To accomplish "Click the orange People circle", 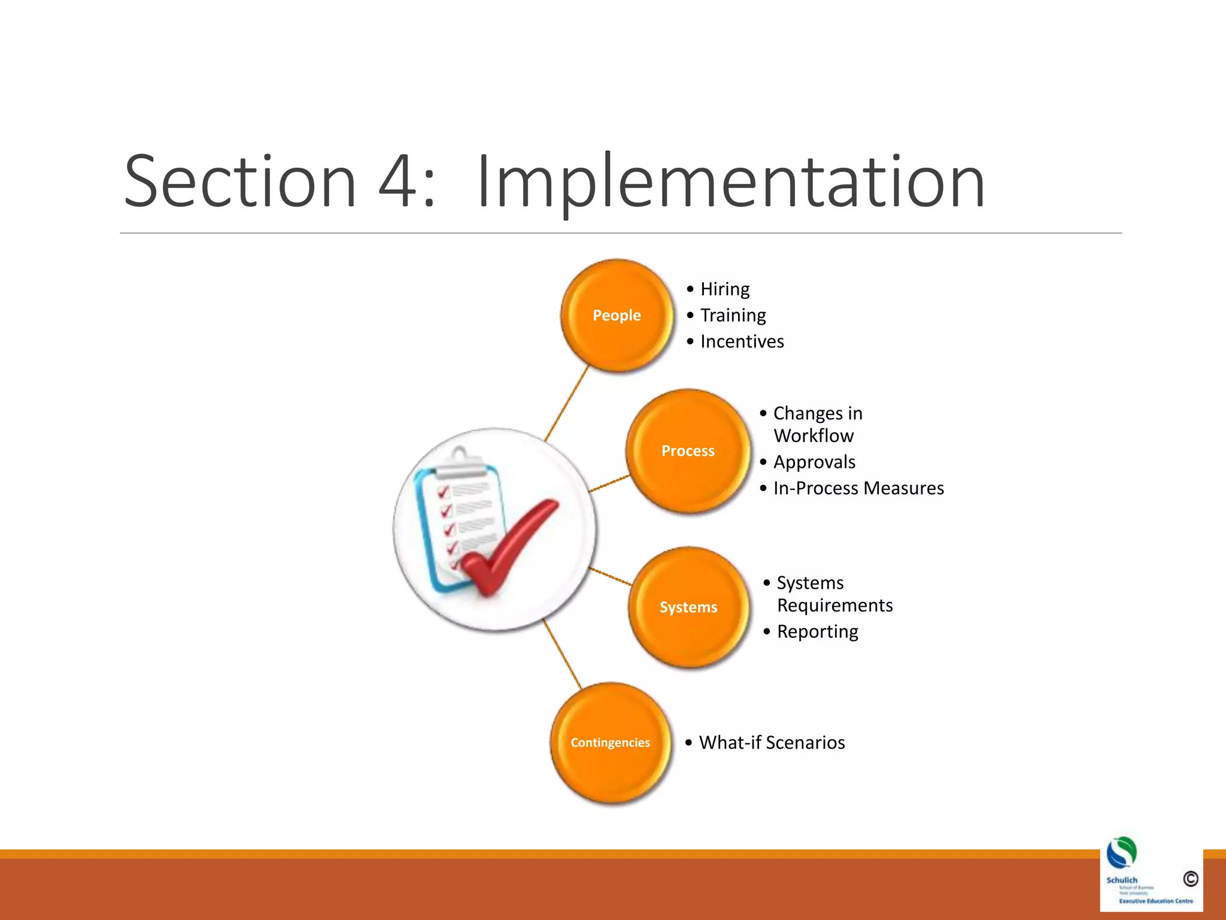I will coord(617,315).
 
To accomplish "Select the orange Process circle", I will coord(688,450).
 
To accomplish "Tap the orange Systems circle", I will coord(688,607).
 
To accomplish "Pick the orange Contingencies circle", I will coord(610,742).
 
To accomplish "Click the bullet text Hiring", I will coord(725,289).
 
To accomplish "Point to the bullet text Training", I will coord(733,315).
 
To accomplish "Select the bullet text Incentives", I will coord(742,341).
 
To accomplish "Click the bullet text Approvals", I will coord(814,462).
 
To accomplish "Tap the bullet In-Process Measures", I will coord(858,488).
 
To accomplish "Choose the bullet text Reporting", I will coord(817,631).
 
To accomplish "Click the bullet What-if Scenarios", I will coord(772,743).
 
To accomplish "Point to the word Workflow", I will coord(814,435).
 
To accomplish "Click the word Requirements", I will coord(834,606).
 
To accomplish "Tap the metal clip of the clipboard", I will coord(460,465).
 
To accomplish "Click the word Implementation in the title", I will coord(730,181).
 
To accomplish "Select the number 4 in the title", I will coord(397,181).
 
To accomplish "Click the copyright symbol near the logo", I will coord(1190,879).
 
